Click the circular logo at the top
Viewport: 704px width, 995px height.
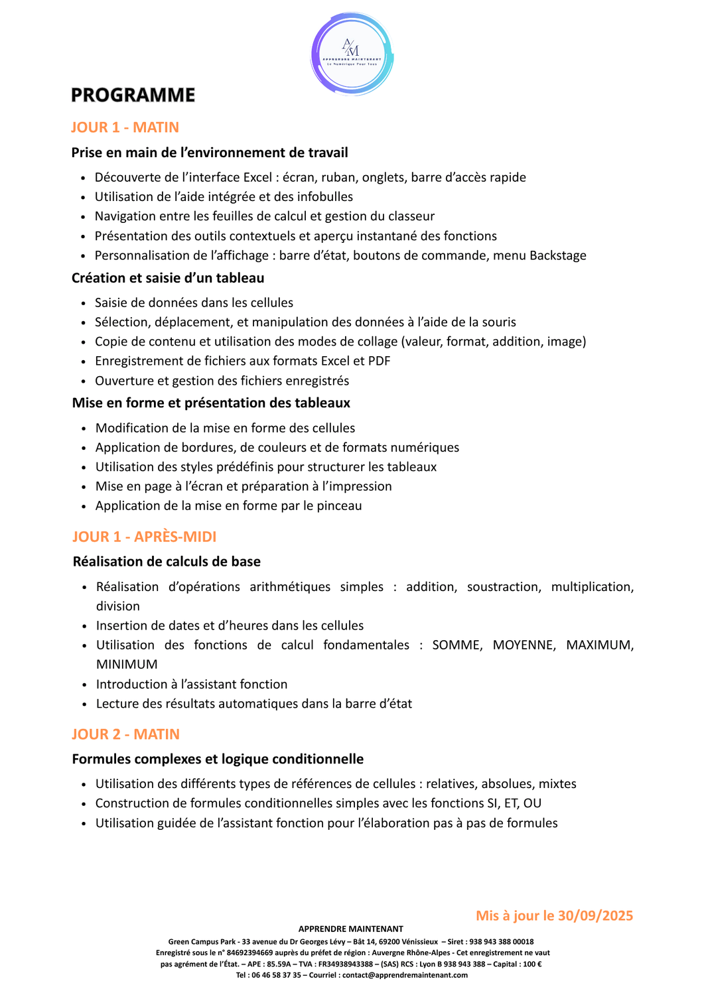click(352, 55)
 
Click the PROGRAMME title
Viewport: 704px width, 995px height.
click(133, 96)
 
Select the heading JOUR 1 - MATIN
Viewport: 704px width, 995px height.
click(125, 127)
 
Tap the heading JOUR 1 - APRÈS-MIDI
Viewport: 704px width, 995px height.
click(144, 537)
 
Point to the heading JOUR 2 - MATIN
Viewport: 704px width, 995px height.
click(125, 734)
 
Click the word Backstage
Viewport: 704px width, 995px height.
click(557, 255)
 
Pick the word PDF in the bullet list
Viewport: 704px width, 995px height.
click(378, 361)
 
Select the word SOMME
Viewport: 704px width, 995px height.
click(457, 645)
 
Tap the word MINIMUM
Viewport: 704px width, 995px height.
click(127, 665)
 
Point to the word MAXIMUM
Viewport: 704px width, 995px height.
click(600, 645)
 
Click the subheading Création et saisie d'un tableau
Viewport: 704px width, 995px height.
click(168, 278)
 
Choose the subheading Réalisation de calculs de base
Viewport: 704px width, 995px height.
click(167, 562)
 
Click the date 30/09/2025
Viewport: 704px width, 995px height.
click(595, 916)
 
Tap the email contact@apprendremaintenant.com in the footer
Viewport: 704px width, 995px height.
click(405, 975)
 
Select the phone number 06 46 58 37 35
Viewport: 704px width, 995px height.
click(276, 975)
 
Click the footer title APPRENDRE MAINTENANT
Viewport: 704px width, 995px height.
click(350, 929)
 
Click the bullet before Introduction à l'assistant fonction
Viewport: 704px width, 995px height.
click(84, 685)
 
